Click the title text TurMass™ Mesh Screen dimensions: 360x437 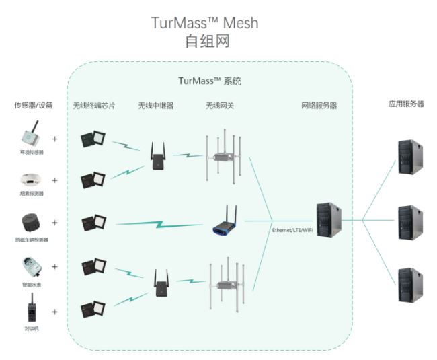click(205, 23)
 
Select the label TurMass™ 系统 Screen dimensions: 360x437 click(209, 81)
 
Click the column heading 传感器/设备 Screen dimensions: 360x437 click(33, 106)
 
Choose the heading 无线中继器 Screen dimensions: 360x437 click(156, 106)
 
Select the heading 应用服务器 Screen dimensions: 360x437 click(406, 104)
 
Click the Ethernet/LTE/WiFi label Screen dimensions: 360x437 click(292, 230)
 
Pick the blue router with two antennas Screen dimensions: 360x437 click(227, 224)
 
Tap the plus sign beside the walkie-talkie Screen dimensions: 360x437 click(54, 312)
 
